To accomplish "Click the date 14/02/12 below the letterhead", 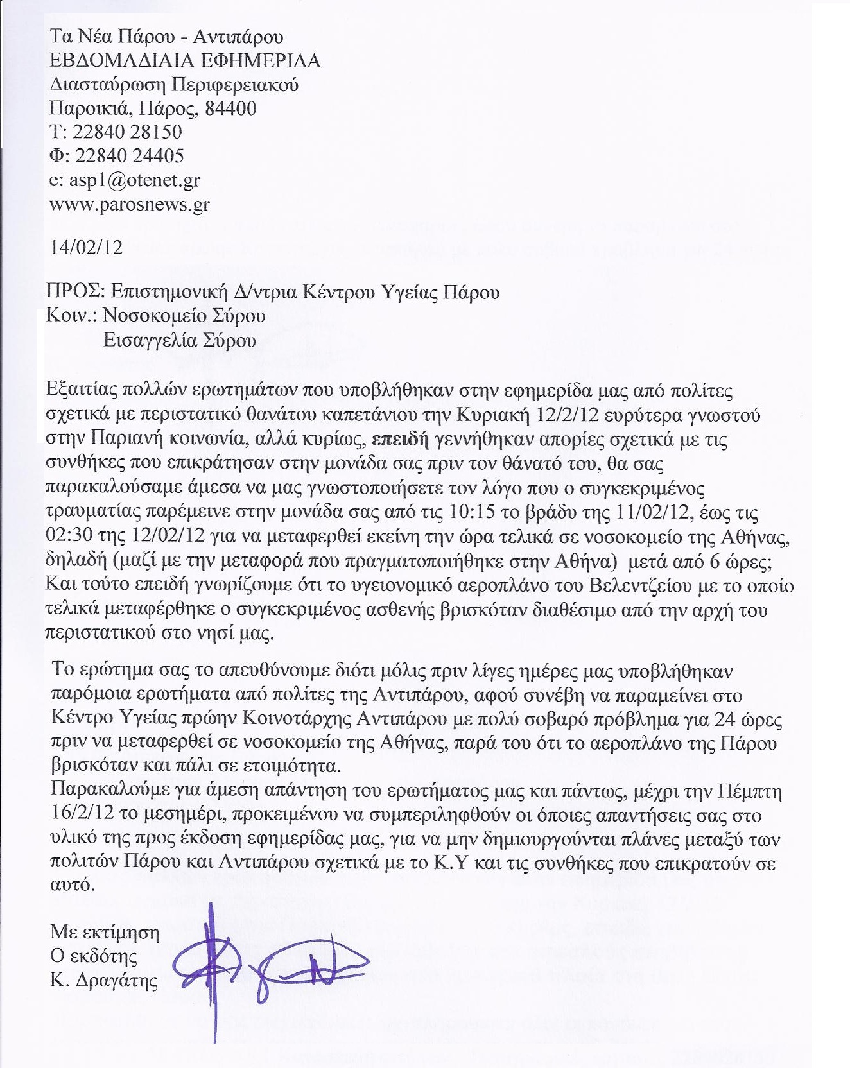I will click(86, 248).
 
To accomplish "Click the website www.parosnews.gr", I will click(130, 205).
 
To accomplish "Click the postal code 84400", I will click(230, 108).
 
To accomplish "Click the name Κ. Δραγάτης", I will click(104, 981).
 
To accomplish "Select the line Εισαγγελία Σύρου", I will click(180, 340).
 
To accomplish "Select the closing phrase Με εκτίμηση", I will click(105, 933).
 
